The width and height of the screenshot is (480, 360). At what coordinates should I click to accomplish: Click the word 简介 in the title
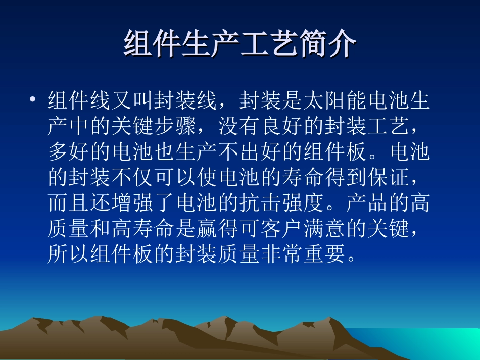click(x=327, y=44)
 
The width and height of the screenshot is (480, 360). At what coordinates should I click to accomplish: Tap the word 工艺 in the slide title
click(x=269, y=44)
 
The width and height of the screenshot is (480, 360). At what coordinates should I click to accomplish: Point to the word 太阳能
click(x=335, y=101)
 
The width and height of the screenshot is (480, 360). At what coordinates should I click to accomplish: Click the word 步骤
click(x=176, y=126)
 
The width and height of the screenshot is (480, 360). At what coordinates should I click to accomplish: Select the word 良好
click(x=282, y=126)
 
